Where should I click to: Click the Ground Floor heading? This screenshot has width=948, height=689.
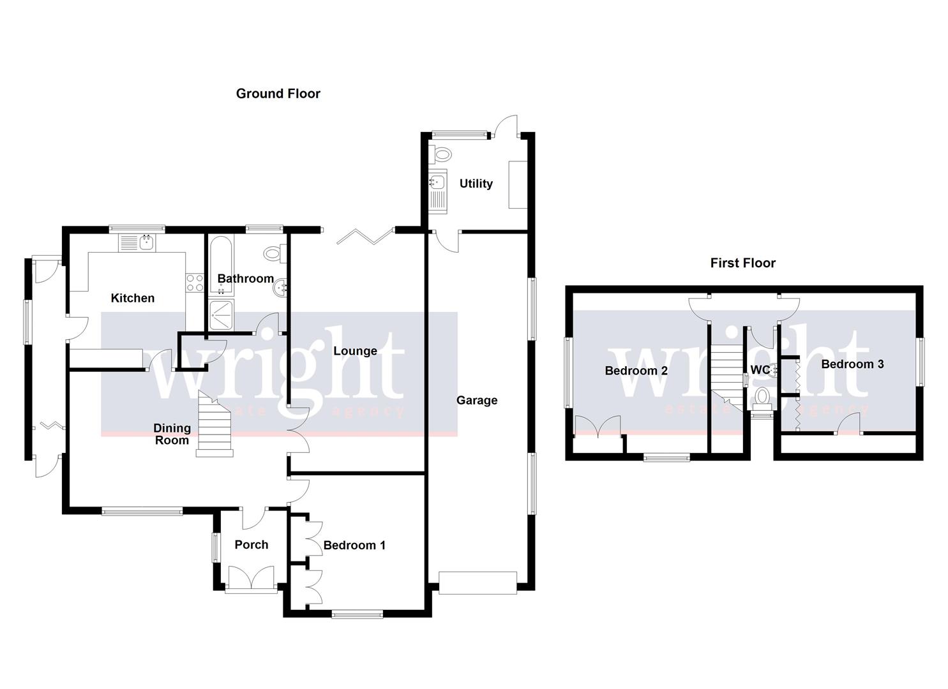pyautogui.click(x=278, y=94)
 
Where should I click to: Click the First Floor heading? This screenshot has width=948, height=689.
pyautogui.click(x=742, y=263)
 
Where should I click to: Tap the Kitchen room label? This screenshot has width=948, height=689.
pyautogui.click(x=133, y=298)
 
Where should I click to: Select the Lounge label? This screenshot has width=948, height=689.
pyautogui.click(x=355, y=351)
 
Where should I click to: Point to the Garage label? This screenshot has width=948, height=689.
pyautogui.click(x=476, y=401)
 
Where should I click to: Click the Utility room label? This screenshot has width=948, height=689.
pyautogui.click(x=476, y=184)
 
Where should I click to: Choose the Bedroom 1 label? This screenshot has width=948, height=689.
pyautogui.click(x=354, y=545)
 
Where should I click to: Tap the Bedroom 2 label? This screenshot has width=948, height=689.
pyautogui.click(x=636, y=371)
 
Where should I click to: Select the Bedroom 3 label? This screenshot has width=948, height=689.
pyautogui.click(x=852, y=364)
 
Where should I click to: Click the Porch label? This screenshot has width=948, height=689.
pyautogui.click(x=251, y=545)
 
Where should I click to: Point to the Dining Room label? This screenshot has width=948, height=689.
pyautogui.click(x=172, y=434)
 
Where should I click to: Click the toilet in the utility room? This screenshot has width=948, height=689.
pyautogui.click(x=440, y=154)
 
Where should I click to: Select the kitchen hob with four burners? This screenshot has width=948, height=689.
pyautogui.click(x=195, y=283)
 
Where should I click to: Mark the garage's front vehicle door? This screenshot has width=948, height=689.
pyautogui.click(x=478, y=583)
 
